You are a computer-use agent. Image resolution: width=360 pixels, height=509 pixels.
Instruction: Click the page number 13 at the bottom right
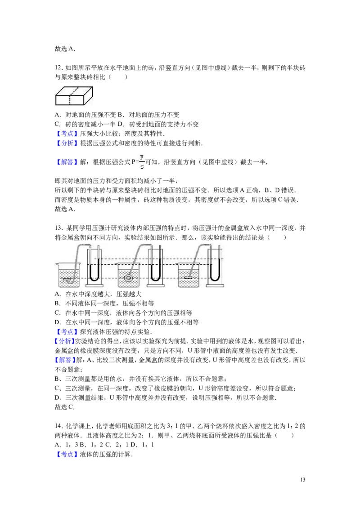click(303, 479)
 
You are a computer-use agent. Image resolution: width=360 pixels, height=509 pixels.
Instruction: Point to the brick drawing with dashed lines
click(74, 96)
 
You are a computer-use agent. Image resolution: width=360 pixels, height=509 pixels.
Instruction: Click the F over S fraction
click(142, 162)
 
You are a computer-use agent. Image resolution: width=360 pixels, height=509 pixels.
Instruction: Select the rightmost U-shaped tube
click(215, 266)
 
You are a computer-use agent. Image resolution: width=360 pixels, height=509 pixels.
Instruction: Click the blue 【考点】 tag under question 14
click(67, 455)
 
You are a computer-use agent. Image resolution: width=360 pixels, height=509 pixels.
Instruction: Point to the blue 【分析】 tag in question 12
click(67, 143)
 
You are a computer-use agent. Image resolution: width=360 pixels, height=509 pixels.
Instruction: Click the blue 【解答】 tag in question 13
click(65, 360)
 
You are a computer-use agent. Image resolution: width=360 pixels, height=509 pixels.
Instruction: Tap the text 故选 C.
click(65, 407)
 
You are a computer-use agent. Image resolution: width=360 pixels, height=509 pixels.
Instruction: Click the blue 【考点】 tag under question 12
click(67, 134)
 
